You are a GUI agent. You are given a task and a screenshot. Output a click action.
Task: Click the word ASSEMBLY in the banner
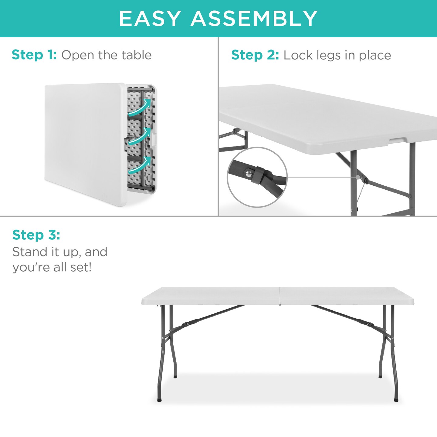(x=254, y=19)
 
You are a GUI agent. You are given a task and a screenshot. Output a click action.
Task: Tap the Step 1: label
(x=34, y=55)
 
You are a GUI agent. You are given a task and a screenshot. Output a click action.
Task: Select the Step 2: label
(x=255, y=55)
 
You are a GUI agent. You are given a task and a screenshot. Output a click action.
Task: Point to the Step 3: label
(x=36, y=235)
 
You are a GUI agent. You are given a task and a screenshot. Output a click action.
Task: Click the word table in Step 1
(x=136, y=55)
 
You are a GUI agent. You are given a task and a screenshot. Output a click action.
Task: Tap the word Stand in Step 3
(x=30, y=252)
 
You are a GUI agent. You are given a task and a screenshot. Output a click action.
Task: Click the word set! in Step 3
(x=81, y=267)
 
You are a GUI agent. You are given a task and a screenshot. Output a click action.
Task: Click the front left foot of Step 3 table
(x=160, y=400)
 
